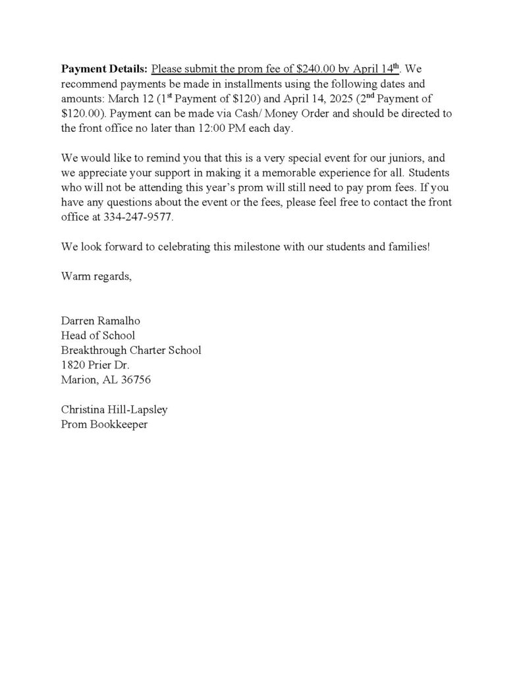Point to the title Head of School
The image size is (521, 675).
(97, 336)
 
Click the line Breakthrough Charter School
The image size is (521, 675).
(131, 350)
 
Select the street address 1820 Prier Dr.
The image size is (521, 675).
(95, 365)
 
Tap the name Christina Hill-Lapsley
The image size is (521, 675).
(115, 409)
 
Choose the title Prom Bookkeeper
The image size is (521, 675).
(104, 425)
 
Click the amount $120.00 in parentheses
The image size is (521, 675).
(83, 113)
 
